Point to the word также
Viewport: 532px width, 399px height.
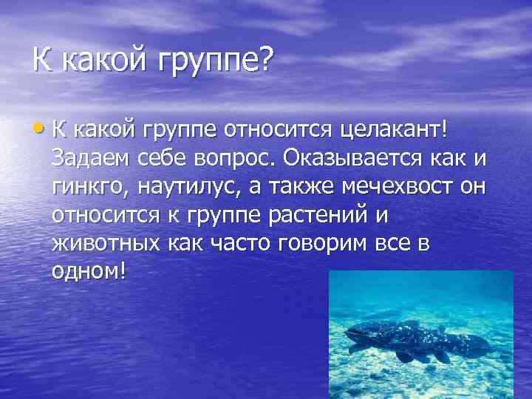pyautogui.click(x=301, y=186)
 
